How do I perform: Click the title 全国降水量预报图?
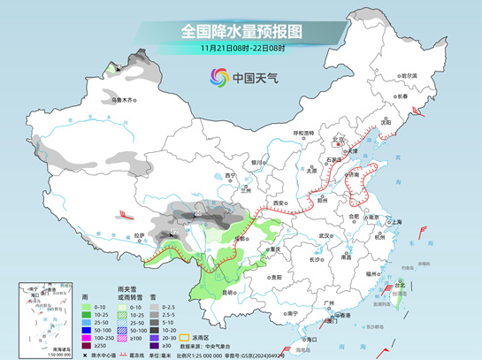241,31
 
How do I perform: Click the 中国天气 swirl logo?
218,78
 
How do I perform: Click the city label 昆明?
233,292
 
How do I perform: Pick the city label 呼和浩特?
303,133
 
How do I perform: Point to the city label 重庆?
275,249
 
